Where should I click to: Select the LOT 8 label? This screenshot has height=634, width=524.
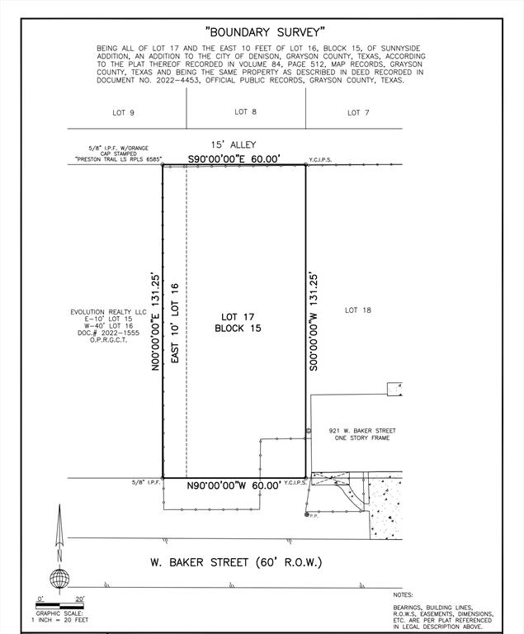(245, 111)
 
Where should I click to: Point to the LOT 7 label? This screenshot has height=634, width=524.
(358, 111)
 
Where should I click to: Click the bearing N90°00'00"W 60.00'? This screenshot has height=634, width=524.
(234, 485)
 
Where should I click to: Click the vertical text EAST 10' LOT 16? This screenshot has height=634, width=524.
(174, 320)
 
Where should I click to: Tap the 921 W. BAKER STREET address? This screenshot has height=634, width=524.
(361, 431)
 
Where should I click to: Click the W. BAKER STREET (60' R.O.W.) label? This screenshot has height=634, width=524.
(235, 562)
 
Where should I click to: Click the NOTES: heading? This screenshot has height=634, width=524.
(404, 594)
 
